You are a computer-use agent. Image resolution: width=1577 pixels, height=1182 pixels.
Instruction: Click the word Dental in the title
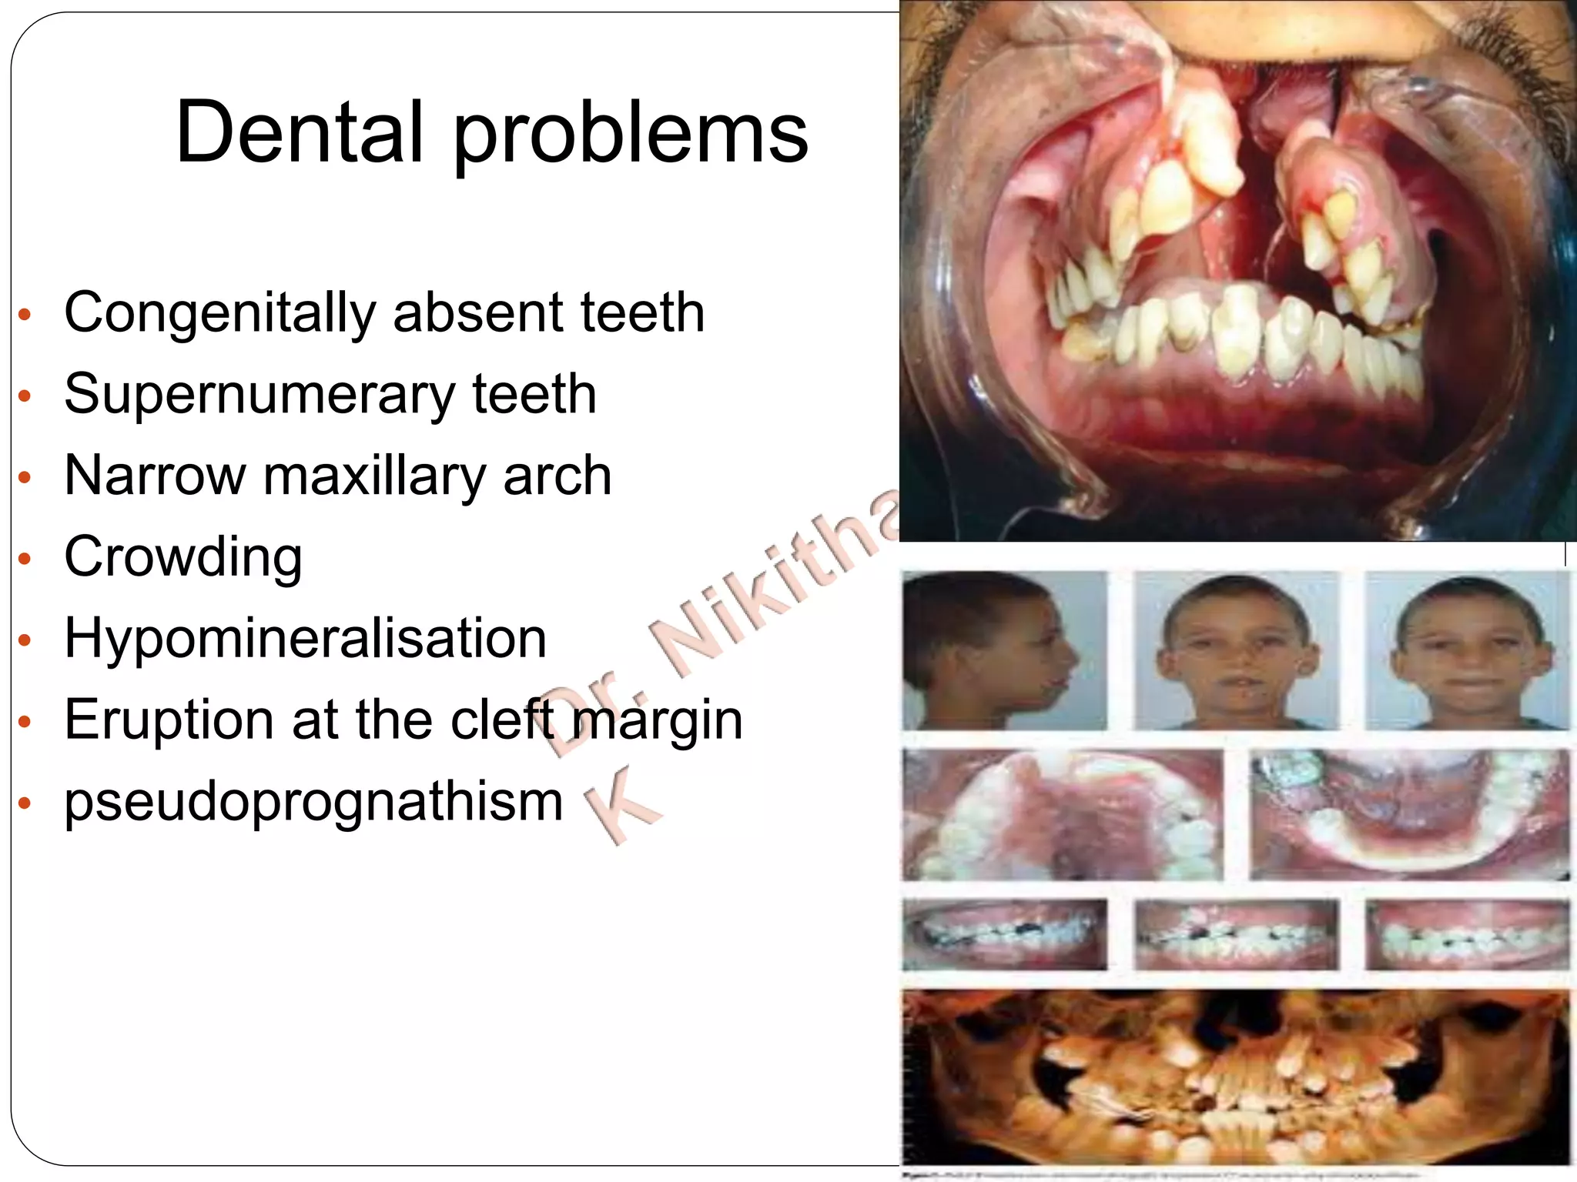click(x=300, y=132)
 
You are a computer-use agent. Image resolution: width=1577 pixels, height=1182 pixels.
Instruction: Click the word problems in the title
click(x=631, y=135)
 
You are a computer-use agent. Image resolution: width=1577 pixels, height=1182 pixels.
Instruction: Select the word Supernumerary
click(x=260, y=395)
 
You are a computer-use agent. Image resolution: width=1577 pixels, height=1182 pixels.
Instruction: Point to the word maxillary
click(x=374, y=476)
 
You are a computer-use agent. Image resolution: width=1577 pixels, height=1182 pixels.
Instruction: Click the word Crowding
click(x=183, y=557)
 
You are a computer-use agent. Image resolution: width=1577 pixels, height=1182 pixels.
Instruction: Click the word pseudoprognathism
click(x=313, y=802)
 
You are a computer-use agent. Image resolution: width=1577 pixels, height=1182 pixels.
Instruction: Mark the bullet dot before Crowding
click(x=25, y=559)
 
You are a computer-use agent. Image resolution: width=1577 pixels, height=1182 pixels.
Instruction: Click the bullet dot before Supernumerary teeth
click(x=25, y=396)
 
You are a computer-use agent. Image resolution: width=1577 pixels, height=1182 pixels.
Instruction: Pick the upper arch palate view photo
click(x=1062, y=815)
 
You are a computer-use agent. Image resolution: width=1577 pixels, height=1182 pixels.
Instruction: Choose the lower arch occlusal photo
click(x=1408, y=815)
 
